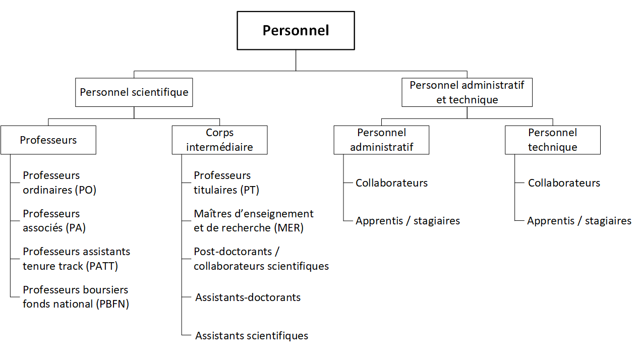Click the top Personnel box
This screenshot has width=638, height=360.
(x=296, y=30)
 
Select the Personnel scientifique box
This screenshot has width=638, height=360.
(x=134, y=92)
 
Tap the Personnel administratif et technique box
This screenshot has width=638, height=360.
(x=467, y=92)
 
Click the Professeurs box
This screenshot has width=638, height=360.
(x=48, y=140)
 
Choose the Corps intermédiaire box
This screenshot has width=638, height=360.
(x=219, y=140)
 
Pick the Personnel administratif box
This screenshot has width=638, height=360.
(x=381, y=140)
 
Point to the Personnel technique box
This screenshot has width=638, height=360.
(x=552, y=140)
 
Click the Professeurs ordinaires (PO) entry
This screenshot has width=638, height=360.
(x=59, y=183)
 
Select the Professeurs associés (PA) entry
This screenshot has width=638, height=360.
(x=54, y=221)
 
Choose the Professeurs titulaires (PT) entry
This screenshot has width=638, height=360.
(x=226, y=183)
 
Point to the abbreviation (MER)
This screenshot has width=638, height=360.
(x=289, y=228)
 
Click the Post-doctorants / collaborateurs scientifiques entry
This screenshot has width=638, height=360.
(x=261, y=259)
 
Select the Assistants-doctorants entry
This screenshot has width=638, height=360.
(x=248, y=297)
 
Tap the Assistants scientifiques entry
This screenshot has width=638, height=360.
(x=251, y=336)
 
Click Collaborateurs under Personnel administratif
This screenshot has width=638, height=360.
(x=391, y=183)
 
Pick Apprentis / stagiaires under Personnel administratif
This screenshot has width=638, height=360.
(x=408, y=221)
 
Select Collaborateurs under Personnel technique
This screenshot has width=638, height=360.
(x=564, y=183)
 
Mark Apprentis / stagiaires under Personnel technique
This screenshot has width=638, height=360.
(x=579, y=221)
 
